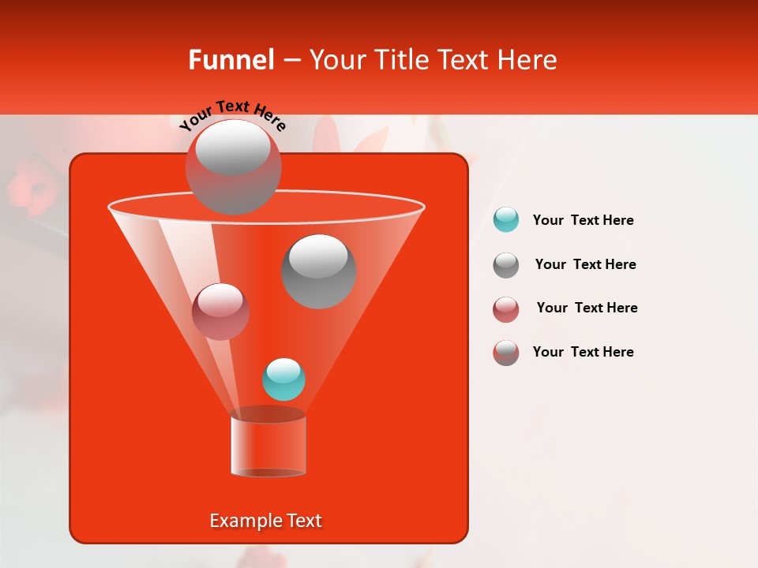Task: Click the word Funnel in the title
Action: (231, 60)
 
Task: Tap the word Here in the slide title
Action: (524, 60)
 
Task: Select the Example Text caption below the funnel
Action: (266, 521)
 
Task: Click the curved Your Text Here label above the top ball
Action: (232, 116)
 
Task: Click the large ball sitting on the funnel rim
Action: (233, 166)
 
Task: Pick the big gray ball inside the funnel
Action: (318, 271)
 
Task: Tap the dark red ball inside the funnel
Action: (220, 312)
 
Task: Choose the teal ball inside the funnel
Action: (283, 379)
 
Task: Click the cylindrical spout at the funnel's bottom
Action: (268, 446)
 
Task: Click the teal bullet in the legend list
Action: (506, 220)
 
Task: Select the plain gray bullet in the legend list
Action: (506, 264)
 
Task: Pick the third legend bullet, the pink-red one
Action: (506, 308)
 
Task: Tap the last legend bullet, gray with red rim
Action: (506, 353)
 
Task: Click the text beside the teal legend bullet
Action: (583, 221)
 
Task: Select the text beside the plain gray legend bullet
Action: (585, 265)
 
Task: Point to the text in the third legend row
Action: (587, 308)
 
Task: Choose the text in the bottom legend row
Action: (583, 353)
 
